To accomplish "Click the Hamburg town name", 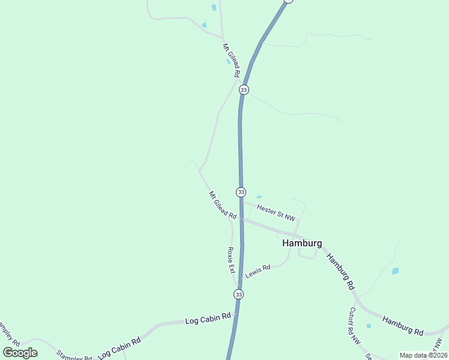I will (302, 244).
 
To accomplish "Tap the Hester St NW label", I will (276, 211).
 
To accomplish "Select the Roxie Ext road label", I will (231, 260).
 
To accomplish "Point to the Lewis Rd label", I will (258, 271).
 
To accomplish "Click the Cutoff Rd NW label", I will (355, 326).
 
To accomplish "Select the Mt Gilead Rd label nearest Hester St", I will (222, 205).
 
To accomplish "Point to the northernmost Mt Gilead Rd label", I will (231, 60).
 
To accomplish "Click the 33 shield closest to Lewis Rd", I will (239, 294).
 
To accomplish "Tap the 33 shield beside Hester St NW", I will (241, 192).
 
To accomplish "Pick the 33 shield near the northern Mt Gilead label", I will (243, 89).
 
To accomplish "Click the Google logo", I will (20, 352).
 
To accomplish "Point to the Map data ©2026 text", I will (423, 355).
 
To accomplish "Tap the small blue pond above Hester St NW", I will (259, 197).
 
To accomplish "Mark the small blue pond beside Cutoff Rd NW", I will (369, 326).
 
